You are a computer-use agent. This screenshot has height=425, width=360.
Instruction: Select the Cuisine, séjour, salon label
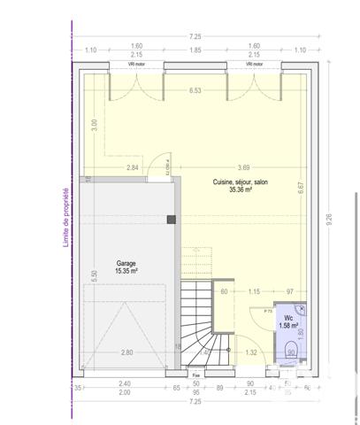pos(240,185)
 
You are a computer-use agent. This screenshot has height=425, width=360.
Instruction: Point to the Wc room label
pos(289,321)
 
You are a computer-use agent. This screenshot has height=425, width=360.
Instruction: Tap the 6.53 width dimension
pos(195,90)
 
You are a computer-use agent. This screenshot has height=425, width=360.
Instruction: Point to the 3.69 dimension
pos(242,167)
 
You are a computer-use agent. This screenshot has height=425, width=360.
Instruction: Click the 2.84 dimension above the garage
pos(132,167)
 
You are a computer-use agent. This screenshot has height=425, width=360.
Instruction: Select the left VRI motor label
pos(136,64)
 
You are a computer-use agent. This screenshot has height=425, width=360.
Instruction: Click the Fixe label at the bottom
pos(196,375)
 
